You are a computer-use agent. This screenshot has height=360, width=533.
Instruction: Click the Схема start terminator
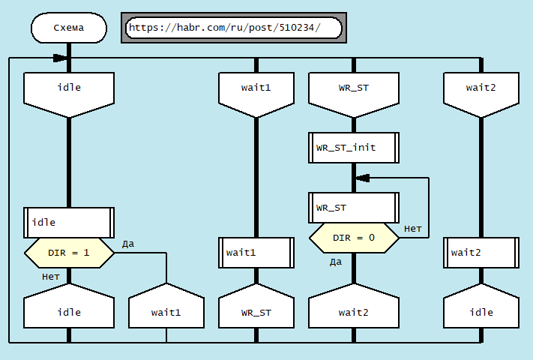69,28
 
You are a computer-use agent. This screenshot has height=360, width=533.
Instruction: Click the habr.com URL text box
232,28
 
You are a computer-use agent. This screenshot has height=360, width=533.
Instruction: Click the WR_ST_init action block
353,148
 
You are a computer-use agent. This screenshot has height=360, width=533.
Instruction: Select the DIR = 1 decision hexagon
69,253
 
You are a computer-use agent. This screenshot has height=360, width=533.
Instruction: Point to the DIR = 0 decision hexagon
353,238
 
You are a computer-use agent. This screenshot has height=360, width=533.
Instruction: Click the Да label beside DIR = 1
128,244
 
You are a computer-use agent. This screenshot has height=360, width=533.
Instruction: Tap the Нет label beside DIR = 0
412,228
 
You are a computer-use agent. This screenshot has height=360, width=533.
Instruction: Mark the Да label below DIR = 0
336,262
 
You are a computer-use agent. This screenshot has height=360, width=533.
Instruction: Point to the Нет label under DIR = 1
51,277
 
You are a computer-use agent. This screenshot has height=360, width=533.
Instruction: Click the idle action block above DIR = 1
69,222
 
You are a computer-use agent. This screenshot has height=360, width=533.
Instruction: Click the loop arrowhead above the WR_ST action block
361,178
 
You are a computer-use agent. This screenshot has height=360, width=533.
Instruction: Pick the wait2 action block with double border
481,253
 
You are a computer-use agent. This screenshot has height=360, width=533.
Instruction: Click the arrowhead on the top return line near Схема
59,58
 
